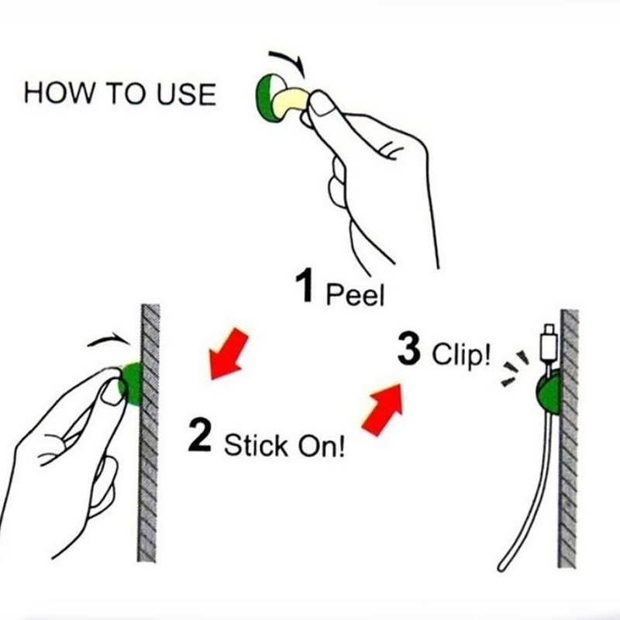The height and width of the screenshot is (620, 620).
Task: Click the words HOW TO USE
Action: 119,94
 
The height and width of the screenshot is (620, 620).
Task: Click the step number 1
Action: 306,288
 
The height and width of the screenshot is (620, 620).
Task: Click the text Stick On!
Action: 283,446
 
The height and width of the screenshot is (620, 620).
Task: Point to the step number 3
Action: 408,350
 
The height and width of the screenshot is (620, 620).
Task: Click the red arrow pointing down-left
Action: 229,353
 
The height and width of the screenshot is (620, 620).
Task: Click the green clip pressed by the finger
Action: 130,384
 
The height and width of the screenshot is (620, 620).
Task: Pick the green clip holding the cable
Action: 546,394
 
